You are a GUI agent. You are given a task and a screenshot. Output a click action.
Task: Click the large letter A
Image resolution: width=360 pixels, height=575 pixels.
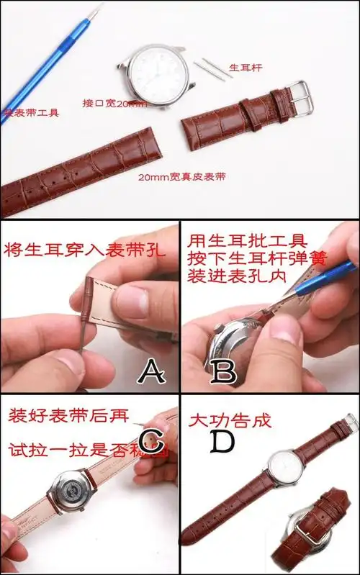[153, 371]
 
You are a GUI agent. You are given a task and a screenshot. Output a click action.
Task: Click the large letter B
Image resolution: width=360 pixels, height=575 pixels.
[225, 371]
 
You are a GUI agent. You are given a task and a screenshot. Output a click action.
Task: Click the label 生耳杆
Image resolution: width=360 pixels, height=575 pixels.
[245, 68]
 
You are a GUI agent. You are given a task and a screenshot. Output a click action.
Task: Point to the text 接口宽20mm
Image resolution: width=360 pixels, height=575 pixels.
[114, 104]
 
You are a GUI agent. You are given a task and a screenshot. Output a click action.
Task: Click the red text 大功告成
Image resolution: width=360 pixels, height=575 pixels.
[230, 420]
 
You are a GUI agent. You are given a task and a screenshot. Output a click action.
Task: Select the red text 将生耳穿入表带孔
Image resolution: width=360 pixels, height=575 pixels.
[85, 251]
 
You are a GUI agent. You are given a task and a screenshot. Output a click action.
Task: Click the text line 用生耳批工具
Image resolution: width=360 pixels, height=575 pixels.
[238, 240]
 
